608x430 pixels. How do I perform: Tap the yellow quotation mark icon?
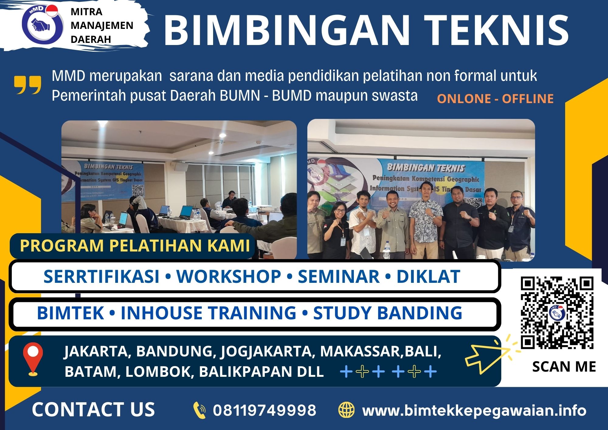[27, 85]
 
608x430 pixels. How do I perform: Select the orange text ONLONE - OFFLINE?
[495, 99]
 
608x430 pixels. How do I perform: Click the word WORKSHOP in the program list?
[229, 276]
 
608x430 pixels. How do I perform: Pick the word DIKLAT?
[428, 276]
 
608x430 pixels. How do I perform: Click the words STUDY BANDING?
[388, 313]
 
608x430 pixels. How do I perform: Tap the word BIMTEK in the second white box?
[71, 313]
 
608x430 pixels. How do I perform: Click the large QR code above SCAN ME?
[557, 312]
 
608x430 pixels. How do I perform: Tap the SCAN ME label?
[564, 367]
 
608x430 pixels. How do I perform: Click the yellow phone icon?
[199, 410]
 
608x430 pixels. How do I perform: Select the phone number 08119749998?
[264, 410]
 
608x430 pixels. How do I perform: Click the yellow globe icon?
[347, 410]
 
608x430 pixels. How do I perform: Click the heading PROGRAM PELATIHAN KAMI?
[135, 246]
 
